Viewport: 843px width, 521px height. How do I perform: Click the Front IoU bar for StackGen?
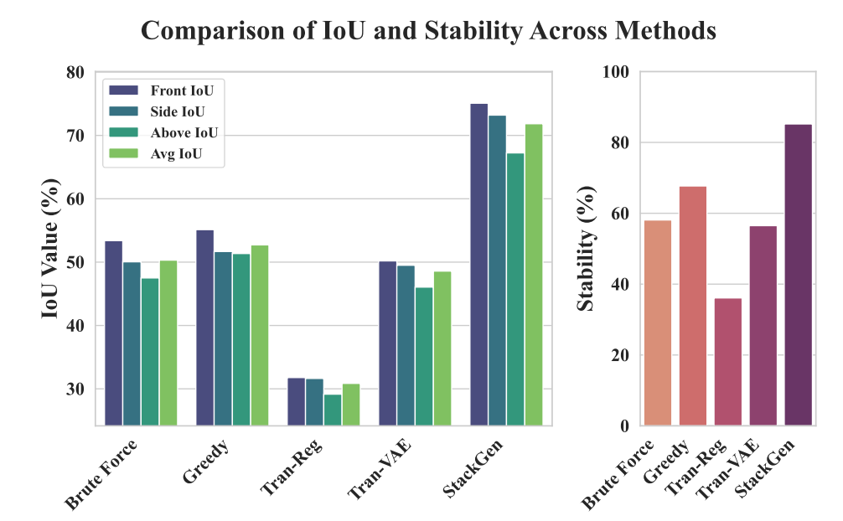(x=478, y=264)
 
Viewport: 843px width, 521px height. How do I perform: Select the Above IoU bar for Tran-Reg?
(x=333, y=410)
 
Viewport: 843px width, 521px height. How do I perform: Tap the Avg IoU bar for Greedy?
(x=260, y=335)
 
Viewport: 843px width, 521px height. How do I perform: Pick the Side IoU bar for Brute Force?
(x=132, y=343)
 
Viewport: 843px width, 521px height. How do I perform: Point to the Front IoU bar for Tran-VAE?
(x=387, y=343)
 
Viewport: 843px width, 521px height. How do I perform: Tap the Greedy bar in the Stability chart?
(x=692, y=306)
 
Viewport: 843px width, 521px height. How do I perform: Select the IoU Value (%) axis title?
(x=51, y=248)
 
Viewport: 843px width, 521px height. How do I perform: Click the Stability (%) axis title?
(x=586, y=249)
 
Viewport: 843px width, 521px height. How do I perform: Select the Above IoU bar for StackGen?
(x=515, y=289)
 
